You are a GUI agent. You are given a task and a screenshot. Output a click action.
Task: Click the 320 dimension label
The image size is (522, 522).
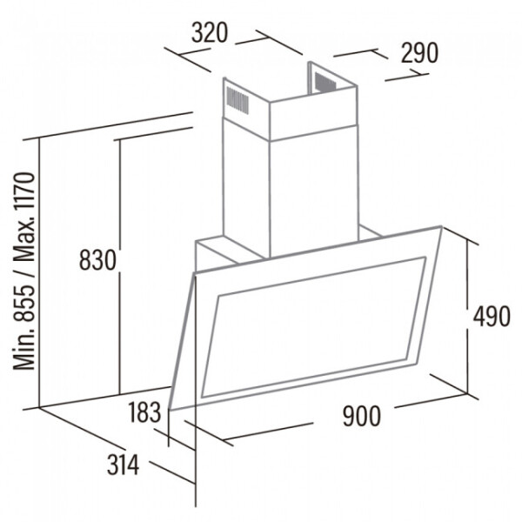(210, 33)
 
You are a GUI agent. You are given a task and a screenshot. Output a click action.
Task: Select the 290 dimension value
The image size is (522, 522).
(419, 53)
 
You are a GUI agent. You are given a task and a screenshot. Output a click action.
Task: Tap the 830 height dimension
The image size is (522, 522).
(97, 260)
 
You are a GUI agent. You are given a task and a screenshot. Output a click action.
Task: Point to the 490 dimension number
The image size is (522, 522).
(492, 317)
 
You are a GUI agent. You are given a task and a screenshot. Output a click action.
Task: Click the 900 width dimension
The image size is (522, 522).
(361, 416)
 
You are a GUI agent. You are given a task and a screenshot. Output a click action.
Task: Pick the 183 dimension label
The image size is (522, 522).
(144, 412)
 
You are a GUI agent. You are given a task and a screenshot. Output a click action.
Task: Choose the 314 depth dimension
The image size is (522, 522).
(123, 465)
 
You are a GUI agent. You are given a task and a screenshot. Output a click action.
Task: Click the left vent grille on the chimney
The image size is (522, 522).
(238, 100)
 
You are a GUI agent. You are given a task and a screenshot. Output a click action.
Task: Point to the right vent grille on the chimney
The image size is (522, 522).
(325, 82)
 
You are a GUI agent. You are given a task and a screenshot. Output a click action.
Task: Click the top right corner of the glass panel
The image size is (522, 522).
(442, 226)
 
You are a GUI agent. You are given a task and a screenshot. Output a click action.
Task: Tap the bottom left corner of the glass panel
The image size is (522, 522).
(170, 409)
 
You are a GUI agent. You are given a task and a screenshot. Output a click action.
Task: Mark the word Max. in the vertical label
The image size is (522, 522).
(24, 242)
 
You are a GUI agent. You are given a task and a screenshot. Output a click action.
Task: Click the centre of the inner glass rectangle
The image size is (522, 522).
(313, 327)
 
